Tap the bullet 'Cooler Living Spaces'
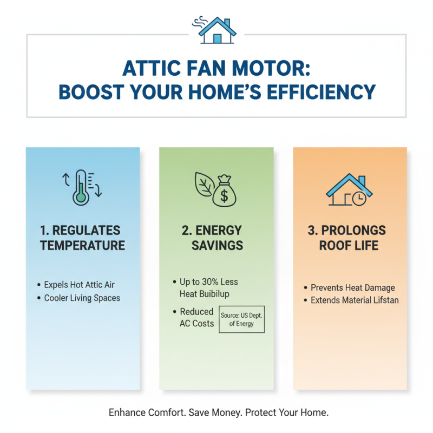coord(82,298)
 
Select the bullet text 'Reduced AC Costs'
coord(196,318)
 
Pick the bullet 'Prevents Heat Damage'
coord(353,288)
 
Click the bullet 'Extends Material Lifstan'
coord(355,300)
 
